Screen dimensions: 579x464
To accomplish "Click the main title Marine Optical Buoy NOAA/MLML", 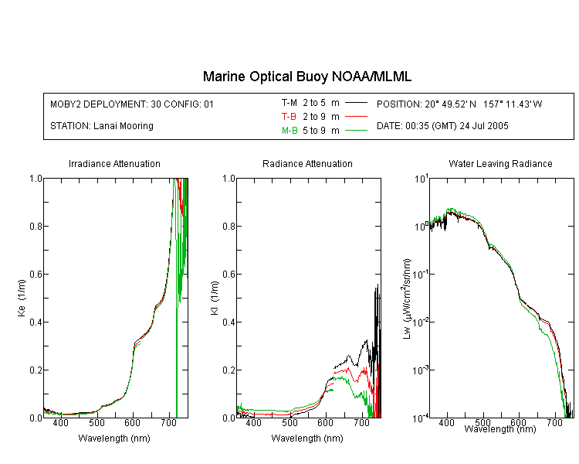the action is pyautogui.click(x=306, y=77).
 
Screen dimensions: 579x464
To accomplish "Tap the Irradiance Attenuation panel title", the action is pyautogui.click(x=114, y=163).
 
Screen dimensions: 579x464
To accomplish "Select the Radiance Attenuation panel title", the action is pyautogui.click(x=307, y=163).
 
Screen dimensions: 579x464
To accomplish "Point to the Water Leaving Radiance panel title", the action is pyautogui.click(x=500, y=163).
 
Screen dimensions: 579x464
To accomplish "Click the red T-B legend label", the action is pyautogui.click(x=289, y=117).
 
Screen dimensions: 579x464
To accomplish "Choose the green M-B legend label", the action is pyautogui.click(x=289, y=131).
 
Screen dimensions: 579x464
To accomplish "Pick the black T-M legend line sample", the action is pyautogui.click(x=356, y=103).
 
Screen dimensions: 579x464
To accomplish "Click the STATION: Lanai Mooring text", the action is pyautogui.click(x=102, y=126).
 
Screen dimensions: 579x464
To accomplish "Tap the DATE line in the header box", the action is pyautogui.click(x=442, y=126).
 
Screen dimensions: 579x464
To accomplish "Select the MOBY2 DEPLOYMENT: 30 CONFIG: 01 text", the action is pyautogui.click(x=132, y=104).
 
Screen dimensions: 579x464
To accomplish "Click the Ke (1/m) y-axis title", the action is pyautogui.click(x=22, y=298).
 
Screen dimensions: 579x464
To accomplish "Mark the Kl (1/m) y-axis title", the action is pyautogui.click(x=215, y=298).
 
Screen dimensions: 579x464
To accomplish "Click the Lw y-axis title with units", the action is pyautogui.click(x=407, y=299).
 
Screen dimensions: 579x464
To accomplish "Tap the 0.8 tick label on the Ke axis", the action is pyautogui.click(x=36, y=226).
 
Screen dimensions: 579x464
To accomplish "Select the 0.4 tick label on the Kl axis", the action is pyautogui.click(x=229, y=322).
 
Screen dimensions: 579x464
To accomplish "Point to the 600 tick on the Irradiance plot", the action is pyautogui.click(x=132, y=422).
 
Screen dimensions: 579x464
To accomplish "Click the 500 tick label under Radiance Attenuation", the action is pyautogui.click(x=289, y=422).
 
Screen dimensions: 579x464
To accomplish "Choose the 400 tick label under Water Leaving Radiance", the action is pyautogui.click(x=446, y=422).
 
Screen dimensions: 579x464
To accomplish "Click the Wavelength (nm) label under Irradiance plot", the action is pyautogui.click(x=114, y=438).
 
